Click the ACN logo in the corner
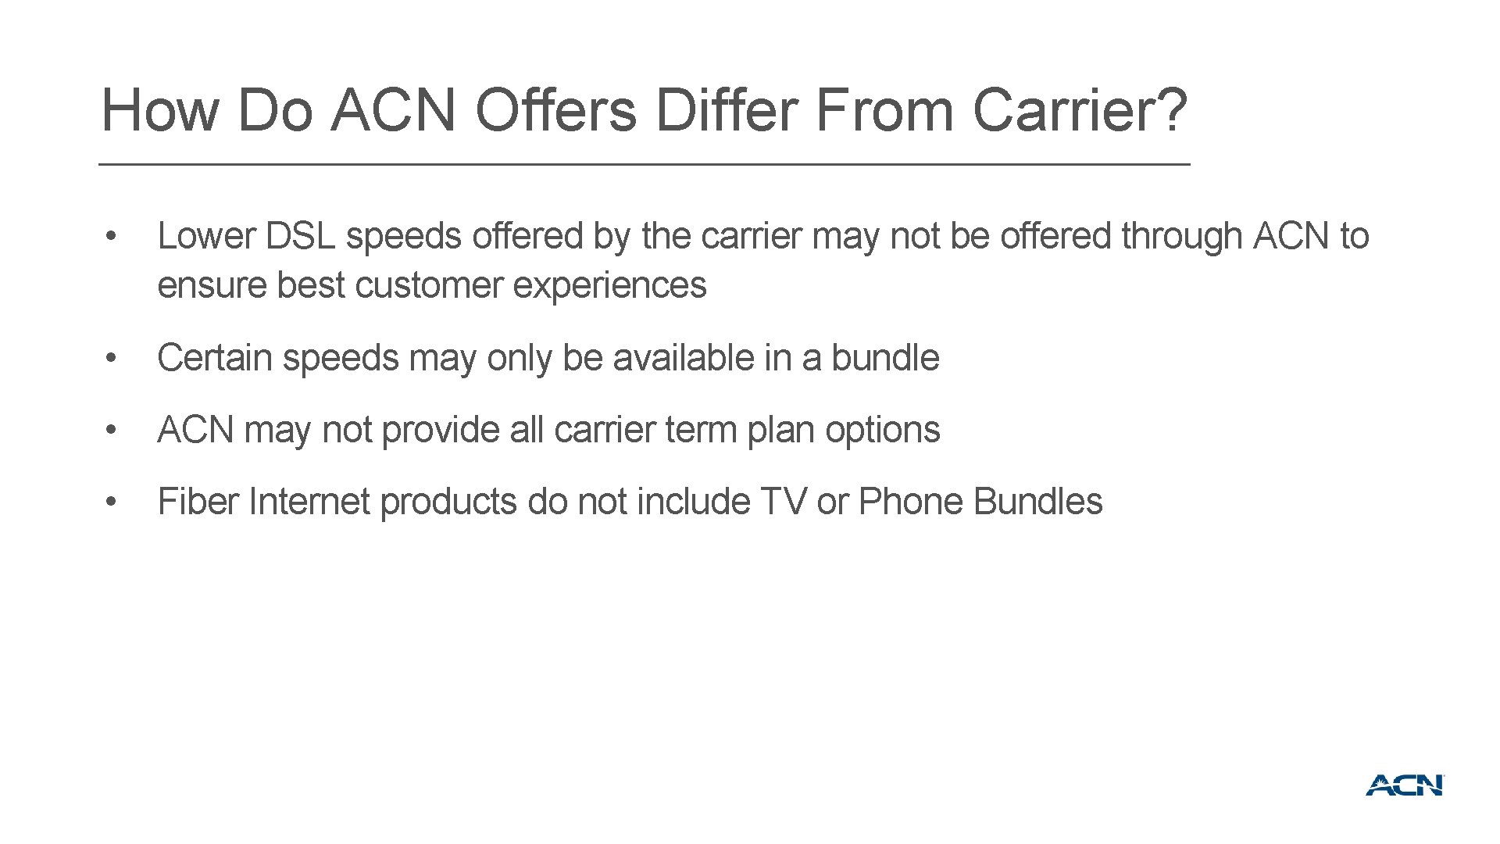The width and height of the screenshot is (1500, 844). pos(1405,785)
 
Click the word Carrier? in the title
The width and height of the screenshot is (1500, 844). pos(1080,110)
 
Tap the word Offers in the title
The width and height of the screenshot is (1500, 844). pos(555,110)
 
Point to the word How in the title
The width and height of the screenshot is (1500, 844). pos(160,110)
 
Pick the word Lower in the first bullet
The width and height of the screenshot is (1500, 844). pos(206,236)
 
